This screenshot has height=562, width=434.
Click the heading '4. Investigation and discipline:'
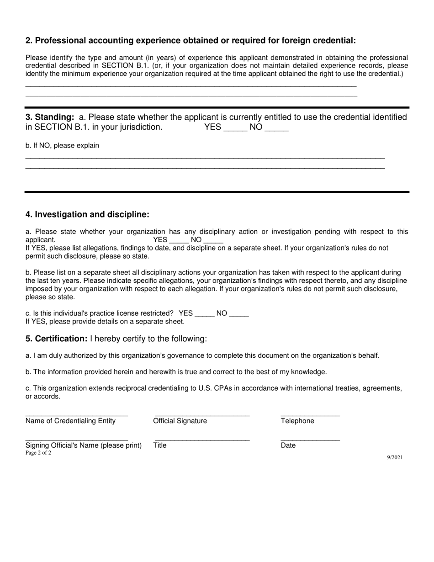pyautogui.click(x=87, y=215)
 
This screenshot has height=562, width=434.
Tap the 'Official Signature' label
pyautogui.click(x=180, y=421)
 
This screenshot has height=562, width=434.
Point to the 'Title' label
pyautogui.click(x=160, y=445)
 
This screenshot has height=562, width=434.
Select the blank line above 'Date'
pyautogui.click(x=310, y=440)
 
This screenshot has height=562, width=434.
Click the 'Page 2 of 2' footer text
pyautogui.click(x=38, y=453)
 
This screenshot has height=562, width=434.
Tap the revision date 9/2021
pyautogui.click(x=395, y=458)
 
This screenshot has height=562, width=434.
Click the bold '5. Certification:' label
pyautogui.click(x=56, y=339)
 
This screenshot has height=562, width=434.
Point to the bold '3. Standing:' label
pyautogui.click(x=50, y=117)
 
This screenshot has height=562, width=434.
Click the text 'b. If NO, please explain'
pyautogui.click(x=62, y=146)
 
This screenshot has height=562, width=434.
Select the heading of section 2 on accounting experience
pyautogui.click(x=191, y=41)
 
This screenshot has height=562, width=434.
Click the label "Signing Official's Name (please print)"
pyautogui.click(x=84, y=445)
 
